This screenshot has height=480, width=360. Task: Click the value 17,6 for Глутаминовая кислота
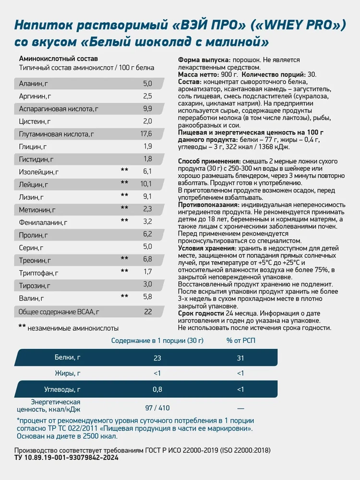point(147,133)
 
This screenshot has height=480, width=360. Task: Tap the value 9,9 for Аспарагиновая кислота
point(147,108)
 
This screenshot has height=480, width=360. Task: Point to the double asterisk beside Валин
point(124,297)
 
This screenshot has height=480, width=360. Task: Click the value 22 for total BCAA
point(148,312)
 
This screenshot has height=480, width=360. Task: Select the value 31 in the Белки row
point(240,358)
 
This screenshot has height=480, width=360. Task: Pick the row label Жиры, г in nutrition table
point(68,373)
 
